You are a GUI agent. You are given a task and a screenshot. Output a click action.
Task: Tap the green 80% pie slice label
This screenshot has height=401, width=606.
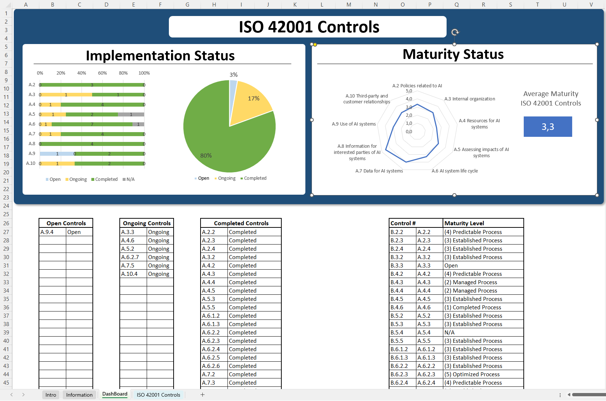[x=206, y=156]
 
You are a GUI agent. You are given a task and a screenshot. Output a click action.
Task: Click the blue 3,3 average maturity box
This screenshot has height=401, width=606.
[x=547, y=127]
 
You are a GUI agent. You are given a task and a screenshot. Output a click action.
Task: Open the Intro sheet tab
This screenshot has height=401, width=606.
[x=51, y=395]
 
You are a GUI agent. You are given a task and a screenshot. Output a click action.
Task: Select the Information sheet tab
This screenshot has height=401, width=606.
[x=79, y=395]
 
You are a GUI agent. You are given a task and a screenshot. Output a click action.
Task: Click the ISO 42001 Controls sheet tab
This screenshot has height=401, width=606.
[x=158, y=395]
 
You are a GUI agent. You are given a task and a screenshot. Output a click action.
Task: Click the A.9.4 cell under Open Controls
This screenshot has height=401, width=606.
[x=52, y=232]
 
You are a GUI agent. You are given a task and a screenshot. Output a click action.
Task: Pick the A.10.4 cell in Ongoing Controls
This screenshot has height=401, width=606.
[x=133, y=274]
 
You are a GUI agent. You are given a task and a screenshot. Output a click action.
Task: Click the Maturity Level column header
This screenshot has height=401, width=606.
[x=483, y=223]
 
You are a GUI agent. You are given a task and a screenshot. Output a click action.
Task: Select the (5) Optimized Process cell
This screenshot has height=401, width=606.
[x=483, y=374]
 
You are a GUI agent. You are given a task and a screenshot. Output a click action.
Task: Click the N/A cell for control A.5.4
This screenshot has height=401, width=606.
[x=483, y=333]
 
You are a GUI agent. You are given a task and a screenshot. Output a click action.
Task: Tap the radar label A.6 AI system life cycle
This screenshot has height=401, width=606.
[x=455, y=171]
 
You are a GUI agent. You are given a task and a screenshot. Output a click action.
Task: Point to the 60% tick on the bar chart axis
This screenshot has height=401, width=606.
[x=102, y=73]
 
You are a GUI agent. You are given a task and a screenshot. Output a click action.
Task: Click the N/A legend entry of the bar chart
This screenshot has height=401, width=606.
[x=129, y=179]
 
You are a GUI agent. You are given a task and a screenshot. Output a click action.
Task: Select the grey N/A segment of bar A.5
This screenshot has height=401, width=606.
[x=131, y=114]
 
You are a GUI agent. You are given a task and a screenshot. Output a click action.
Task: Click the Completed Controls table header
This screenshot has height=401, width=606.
[x=241, y=223]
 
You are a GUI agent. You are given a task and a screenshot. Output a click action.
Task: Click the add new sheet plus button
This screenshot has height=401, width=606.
[x=202, y=395]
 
